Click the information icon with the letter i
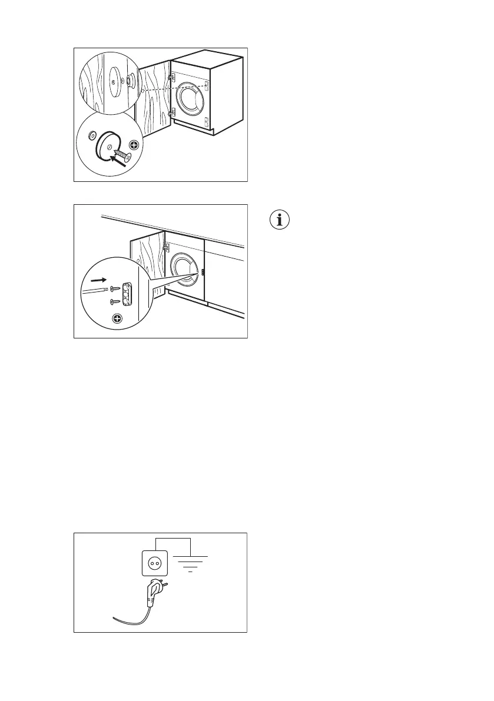280,221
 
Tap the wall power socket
154,563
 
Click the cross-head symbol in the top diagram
134,144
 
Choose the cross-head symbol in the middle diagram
117,318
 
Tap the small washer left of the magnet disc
91,136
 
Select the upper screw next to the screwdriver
115,288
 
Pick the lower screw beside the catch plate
115,302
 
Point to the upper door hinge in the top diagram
171,77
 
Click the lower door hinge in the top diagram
172,112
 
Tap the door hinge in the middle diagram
167,249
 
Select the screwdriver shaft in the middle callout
95,289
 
